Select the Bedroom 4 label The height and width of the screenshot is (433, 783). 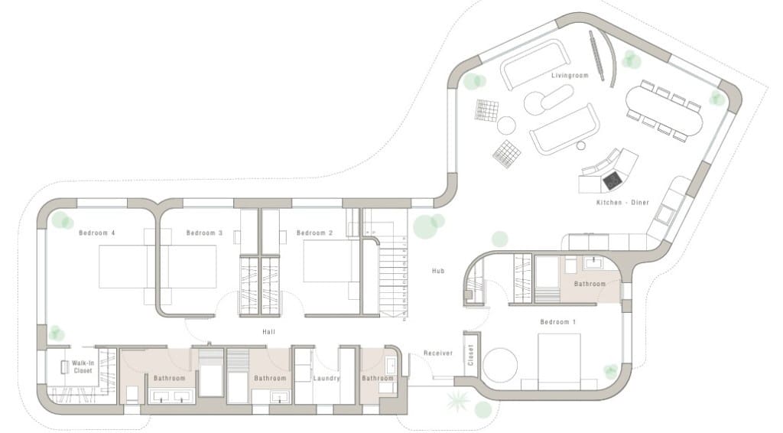pos(97,233)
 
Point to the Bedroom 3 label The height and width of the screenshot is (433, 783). pos(204,233)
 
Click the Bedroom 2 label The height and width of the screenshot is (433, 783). pos(315,233)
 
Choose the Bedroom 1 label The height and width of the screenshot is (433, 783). pos(558,322)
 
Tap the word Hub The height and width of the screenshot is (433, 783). pos(438,271)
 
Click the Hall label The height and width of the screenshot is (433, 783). pos(268,331)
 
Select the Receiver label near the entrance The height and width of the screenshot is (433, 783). pos(439,353)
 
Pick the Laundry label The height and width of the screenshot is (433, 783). pos(326,378)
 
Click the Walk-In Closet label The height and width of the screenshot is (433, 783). pos(83,367)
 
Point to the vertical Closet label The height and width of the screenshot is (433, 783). pos(471,354)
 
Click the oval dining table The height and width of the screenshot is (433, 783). pos(664,110)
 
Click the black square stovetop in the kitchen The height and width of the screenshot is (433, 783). pos(612,181)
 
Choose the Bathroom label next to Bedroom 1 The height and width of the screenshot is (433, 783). pos(590,284)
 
